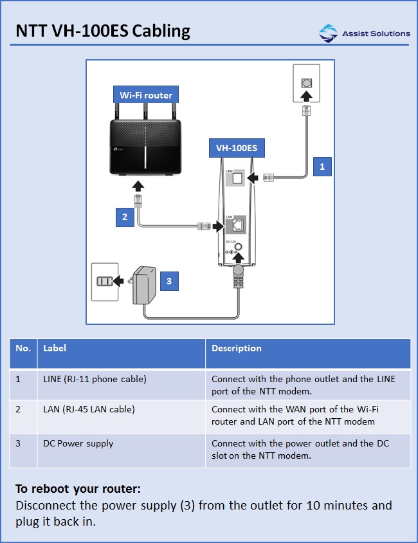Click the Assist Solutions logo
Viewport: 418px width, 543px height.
click(364, 33)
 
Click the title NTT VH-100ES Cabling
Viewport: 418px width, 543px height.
click(103, 31)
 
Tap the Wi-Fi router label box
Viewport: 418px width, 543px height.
click(146, 95)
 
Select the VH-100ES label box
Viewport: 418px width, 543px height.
click(236, 148)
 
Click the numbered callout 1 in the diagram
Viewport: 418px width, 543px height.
click(322, 166)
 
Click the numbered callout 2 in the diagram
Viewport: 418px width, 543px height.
click(125, 217)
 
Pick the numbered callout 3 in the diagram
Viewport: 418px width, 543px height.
click(168, 281)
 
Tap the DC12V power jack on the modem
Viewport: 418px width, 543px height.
click(239, 248)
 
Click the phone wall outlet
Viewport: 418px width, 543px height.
click(307, 83)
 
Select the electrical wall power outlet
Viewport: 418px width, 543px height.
click(105, 281)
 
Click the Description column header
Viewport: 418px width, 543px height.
click(237, 348)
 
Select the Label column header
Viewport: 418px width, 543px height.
click(55, 348)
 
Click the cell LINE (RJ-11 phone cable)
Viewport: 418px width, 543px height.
click(95, 379)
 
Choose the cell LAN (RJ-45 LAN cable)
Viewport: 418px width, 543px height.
click(89, 409)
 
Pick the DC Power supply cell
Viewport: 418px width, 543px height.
click(78, 443)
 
